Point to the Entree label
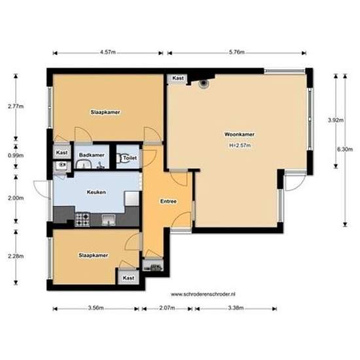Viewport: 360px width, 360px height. point(168,202)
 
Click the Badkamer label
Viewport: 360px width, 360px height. point(91,154)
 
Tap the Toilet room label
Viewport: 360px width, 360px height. point(130,158)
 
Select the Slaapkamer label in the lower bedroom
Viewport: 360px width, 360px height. point(92,255)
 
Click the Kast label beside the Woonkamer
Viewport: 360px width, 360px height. point(177,79)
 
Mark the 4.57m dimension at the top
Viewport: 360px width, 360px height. point(108,52)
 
